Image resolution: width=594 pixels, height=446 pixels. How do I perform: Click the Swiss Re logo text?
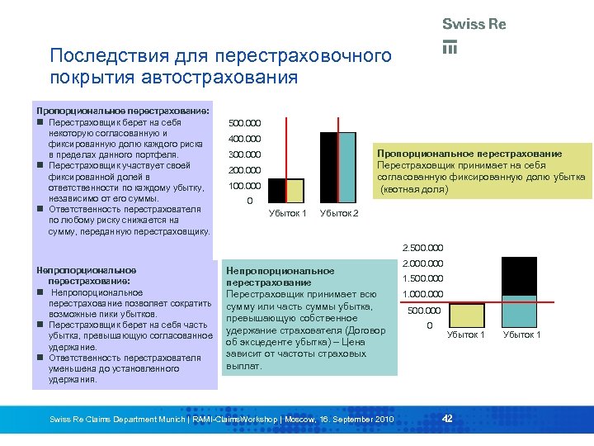[x=474, y=25]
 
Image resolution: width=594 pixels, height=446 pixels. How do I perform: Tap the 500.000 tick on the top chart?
[x=244, y=123]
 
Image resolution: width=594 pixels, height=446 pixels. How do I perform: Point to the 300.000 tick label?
[x=244, y=154]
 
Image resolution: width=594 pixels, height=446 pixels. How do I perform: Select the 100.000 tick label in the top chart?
[x=244, y=186]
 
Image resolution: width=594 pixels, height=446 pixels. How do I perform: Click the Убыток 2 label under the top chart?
[x=339, y=214]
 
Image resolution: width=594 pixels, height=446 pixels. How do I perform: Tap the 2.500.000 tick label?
[x=422, y=247]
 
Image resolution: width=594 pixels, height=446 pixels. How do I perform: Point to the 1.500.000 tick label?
[x=422, y=279]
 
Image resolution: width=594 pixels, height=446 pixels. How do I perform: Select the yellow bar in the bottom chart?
[x=467, y=316]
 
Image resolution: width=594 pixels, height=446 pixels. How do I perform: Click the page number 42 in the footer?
[x=447, y=420]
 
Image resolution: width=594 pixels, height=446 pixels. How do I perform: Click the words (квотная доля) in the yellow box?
[x=414, y=189]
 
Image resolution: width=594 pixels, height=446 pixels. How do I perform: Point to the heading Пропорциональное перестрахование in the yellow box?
[x=469, y=154]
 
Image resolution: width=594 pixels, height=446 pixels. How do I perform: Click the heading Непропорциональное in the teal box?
[x=280, y=270]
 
